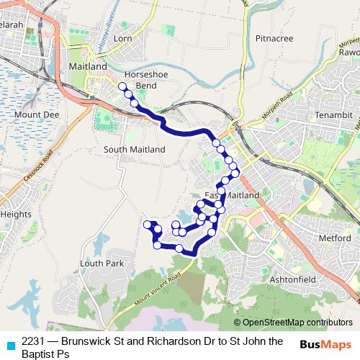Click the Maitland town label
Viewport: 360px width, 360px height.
pos(87,66)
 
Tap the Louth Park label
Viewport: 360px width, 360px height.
pos(102,264)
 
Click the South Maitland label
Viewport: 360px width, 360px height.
pos(135,149)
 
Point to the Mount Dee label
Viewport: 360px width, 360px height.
pos(36,114)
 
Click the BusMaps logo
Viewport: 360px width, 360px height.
pos(326,344)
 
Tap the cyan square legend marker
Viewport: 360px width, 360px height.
pos(10,345)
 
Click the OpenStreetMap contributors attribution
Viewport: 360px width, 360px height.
pos(293,323)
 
